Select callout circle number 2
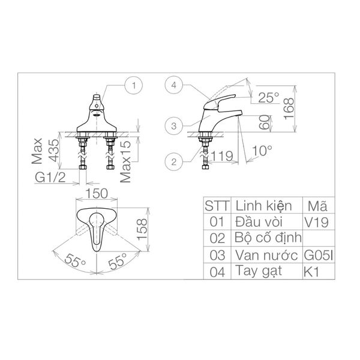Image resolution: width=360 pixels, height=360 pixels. click(x=172, y=160)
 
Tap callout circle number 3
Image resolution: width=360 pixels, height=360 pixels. click(x=172, y=125)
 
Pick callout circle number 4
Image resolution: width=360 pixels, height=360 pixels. click(x=172, y=86)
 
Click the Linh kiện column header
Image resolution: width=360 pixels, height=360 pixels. click(x=263, y=205)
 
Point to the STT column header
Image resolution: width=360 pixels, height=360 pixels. click(x=217, y=205)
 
